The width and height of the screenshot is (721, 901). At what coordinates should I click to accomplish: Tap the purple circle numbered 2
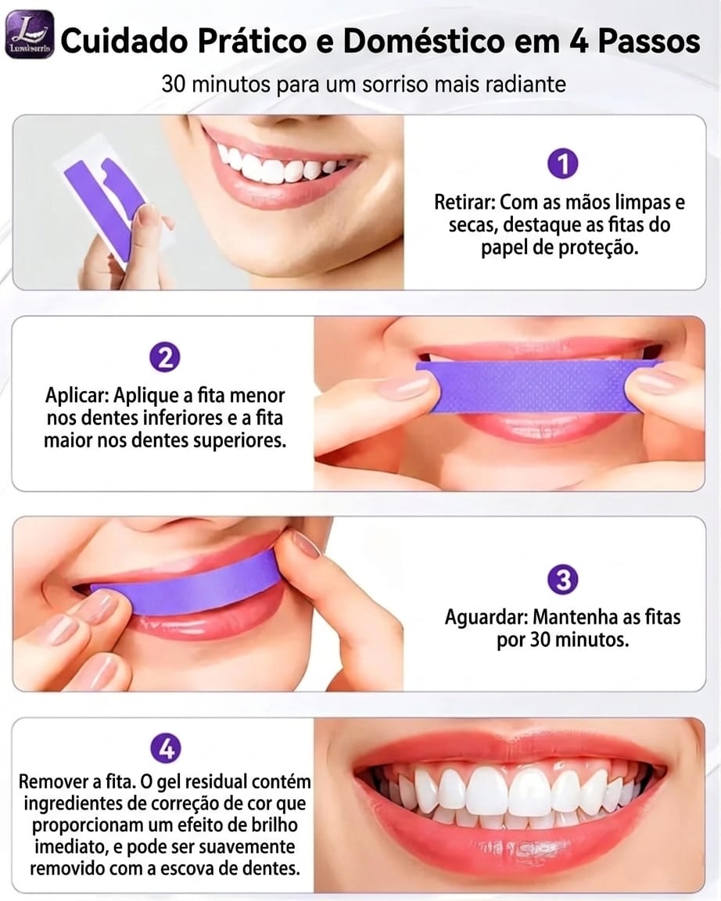[x=165, y=358]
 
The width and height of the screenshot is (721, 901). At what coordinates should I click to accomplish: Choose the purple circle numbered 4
[x=165, y=750]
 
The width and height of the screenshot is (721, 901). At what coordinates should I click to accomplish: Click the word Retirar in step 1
[x=464, y=203]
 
